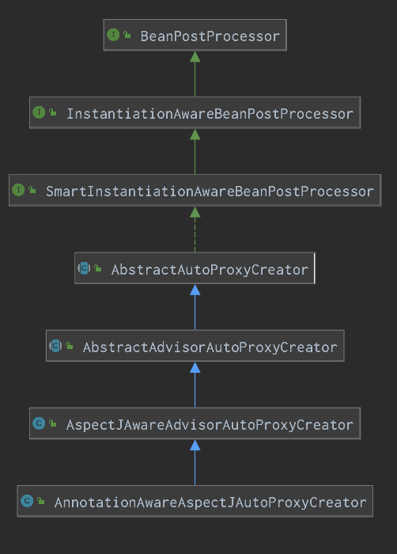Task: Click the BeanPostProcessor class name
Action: (210, 36)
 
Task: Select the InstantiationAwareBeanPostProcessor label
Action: (210, 114)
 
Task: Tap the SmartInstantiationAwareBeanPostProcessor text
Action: (210, 192)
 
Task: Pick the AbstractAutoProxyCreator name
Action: (210, 270)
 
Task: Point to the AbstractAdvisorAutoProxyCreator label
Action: (210, 347)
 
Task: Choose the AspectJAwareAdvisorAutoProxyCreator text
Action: (210, 425)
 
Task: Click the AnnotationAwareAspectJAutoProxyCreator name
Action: (210, 503)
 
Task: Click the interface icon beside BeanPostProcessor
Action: (113, 35)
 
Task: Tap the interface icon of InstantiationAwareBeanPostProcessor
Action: (39, 112)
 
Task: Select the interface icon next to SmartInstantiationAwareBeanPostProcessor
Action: (18, 190)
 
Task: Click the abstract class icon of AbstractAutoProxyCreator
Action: (84, 268)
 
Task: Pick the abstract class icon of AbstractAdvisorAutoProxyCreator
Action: (55, 346)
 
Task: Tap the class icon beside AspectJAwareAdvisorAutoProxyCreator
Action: (39, 423)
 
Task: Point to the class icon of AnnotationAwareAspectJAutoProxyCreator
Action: (27, 501)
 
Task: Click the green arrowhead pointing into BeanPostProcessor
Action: (195, 57)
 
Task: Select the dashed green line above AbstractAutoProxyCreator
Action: (195, 234)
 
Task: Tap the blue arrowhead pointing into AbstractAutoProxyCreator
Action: (195, 290)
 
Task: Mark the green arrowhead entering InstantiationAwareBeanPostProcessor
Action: (195, 135)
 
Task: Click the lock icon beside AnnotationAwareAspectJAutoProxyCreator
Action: (41, 501)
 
